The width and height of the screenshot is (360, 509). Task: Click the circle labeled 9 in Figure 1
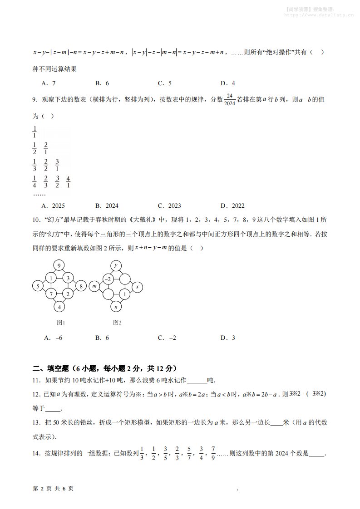tap(59, 265)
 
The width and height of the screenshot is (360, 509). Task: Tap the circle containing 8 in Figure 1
tap(80, 286)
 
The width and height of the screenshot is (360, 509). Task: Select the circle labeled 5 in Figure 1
tap(38, 286)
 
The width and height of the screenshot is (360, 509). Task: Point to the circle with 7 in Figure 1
tap(52, 294)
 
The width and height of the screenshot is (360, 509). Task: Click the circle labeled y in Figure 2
tap(116, 265)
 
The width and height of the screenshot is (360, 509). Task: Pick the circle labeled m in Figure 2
tap(95, 286)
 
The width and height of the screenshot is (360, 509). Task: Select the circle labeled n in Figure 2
tap(116, 307)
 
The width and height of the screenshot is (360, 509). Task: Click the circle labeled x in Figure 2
tap(137, 286)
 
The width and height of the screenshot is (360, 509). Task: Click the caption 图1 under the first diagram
tap(61, 323)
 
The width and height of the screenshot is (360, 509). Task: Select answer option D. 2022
tap(232, 206)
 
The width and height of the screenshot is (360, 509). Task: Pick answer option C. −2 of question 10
tap(167, 338)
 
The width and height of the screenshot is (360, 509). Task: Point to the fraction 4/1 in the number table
tap(68, 181)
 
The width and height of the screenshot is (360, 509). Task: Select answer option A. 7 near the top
tap(48, 83)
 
